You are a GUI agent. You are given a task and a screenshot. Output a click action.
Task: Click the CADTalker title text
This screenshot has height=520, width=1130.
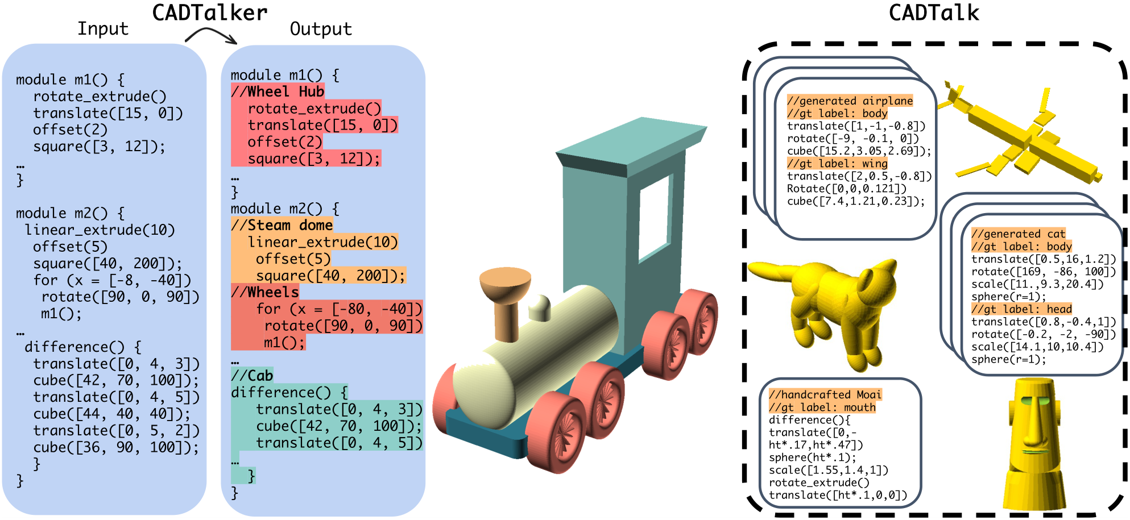tap(209, 13)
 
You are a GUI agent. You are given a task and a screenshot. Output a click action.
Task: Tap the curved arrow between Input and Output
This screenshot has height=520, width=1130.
tap(210, 35)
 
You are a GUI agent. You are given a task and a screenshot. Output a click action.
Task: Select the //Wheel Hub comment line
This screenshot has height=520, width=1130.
tap(278, 91)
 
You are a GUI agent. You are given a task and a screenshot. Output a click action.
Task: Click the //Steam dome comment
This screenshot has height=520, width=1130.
tap(282, 225)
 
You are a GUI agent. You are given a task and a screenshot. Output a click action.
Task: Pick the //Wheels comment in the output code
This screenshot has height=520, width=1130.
tap(264, 292)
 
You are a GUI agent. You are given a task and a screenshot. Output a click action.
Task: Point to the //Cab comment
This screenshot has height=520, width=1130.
tap(252, 376)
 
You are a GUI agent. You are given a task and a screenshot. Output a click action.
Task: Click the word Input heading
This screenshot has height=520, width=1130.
tap(103, 28)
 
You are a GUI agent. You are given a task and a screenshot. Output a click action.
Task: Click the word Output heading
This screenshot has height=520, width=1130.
tap(321, 29)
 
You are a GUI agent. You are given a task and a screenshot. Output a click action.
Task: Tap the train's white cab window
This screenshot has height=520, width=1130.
tap(655, 216)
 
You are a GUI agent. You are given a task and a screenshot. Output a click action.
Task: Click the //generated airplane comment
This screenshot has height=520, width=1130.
tap(850, 101)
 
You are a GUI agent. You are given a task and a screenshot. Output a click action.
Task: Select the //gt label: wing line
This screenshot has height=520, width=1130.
tap(837, 164)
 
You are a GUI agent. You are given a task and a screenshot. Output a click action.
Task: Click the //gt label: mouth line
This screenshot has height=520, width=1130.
tap(822, 407)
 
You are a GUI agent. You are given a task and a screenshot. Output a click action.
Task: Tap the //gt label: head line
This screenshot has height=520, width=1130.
tap(1021, 309)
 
